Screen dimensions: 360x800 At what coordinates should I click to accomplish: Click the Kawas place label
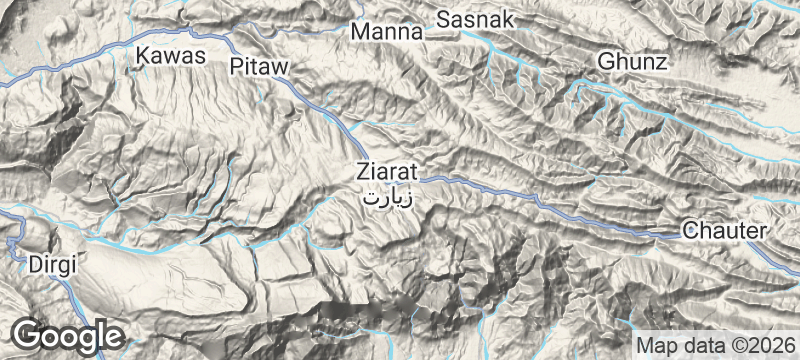coord(171,56)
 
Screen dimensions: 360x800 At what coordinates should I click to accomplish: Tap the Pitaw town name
coord(259,67)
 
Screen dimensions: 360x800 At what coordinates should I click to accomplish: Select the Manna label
coord(387,33)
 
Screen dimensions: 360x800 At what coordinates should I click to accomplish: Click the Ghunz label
coord(631,62)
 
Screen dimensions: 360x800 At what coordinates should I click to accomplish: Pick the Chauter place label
coord(725,231)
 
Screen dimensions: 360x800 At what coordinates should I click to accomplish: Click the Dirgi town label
coord(52,264)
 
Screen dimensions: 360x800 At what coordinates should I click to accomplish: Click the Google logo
coord(67,335)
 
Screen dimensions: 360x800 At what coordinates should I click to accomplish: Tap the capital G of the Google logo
coord(29,334)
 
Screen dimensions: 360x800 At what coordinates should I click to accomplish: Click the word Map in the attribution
coord(658,342)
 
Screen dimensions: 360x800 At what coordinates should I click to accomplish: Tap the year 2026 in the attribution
coord(767,342)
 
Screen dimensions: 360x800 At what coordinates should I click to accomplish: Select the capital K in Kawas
coord(144,56)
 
